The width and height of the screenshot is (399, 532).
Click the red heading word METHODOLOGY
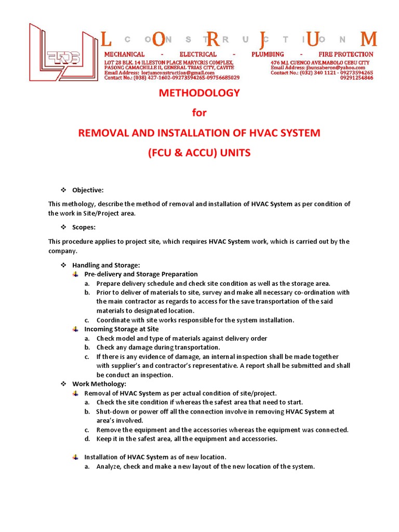coord(199,93)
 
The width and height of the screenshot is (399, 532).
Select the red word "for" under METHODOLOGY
coord(199,113)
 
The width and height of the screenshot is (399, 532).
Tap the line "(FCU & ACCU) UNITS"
coord(199,153)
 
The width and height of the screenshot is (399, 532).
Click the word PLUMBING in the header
coord(267,55)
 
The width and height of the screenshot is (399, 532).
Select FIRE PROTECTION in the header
coord(345,55)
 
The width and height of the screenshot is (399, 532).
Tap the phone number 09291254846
coord(356,78)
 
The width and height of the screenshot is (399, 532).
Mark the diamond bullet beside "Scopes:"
coord(64,227)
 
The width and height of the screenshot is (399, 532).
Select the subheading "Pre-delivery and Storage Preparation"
coord(141,274)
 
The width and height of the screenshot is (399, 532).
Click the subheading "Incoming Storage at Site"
coord(122,329)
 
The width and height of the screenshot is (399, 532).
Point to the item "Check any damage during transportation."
coord(158,348)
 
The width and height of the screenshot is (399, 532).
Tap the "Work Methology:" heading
coord(99,384)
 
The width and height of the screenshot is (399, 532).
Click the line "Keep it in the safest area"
coord(187,439)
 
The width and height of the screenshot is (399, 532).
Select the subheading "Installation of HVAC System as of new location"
coord(155,457)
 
